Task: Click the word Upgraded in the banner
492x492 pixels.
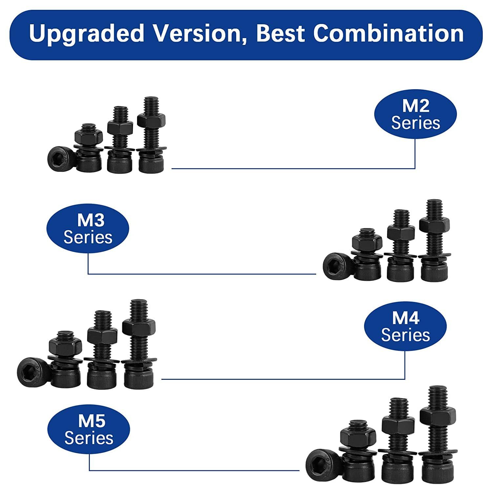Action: pos(87,33)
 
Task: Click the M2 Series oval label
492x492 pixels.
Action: pos(416,114)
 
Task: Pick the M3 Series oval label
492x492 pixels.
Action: pos(88,228)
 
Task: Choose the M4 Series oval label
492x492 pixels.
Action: pos(405,326)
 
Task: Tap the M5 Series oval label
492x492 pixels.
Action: pos(89,429)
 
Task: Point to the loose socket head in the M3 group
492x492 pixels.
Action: pos(338,266)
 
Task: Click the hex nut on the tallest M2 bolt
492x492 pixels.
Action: pos(151,120)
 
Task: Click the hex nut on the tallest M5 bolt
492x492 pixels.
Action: pos(438,416)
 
